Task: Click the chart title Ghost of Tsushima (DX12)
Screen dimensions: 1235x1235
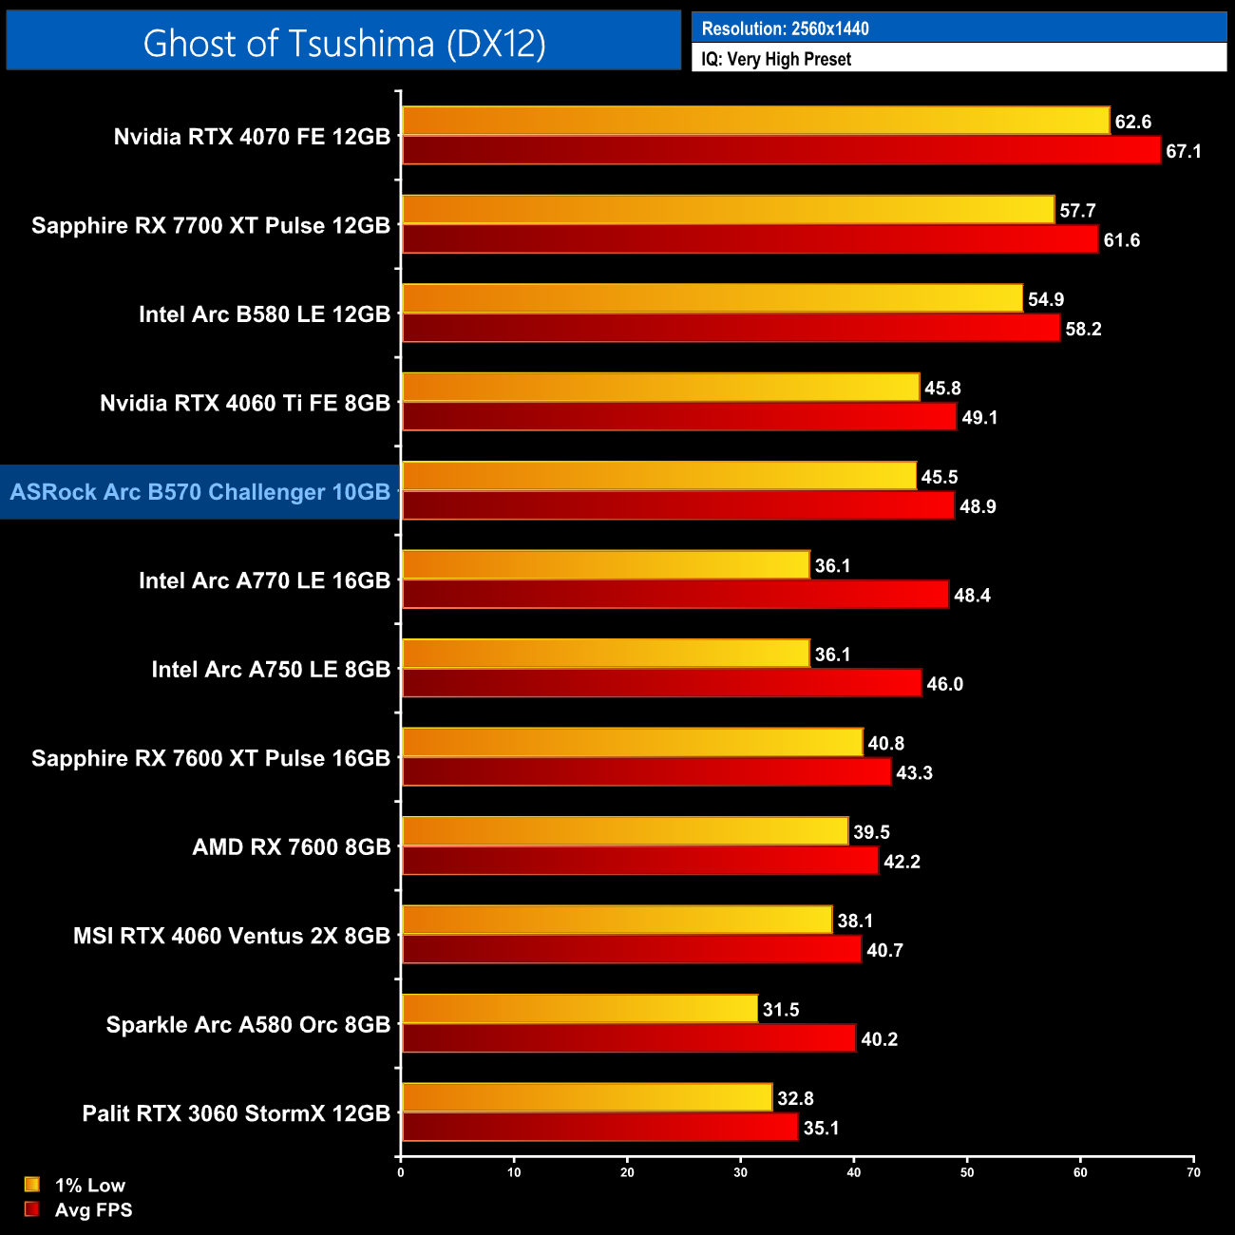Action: pyautogui.click(x=344, y=43)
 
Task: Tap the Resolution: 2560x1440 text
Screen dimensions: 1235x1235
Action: pyautogui.click(x=785, y=28)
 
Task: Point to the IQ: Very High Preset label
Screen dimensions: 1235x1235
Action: pyautogui.click(x=776, y=59)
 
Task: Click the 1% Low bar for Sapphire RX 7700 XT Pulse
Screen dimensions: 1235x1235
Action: pyautogui.click(x=728, y=210)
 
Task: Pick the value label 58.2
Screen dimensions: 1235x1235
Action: pyautogui.click(x=1083, y=329)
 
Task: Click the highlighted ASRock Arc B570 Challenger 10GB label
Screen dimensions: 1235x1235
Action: pyautogui.click(x=200, y=492)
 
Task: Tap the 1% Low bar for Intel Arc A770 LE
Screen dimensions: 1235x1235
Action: pyautogui.click(x=605, y=565)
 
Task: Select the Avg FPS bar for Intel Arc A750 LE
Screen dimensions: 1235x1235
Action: pyautogui.click(x=661, y=683)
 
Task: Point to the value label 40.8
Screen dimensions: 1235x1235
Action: pyautogui.click(x=885, y=743)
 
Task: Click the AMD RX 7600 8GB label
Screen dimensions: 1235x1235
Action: pyautogui.click(x=292, y=846)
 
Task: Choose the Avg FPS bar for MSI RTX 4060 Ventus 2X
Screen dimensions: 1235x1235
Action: pyautogui.click(x=631, y=949)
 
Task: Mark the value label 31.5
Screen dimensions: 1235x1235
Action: pyautogui.click(x=781, y=1009)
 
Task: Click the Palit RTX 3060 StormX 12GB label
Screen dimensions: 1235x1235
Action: pyautogui.click(x=237, y=1112)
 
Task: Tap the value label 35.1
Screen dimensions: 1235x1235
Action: pyautogui.click(x=821, y=1128)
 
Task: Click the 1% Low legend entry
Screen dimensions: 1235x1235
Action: pyautogui.click(x=76, y=1185)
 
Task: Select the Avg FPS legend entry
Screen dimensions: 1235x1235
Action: pyautogui.click(x=80, y=1209)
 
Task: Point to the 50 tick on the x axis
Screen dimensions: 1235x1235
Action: pyautogui.click(x=967, y=1172)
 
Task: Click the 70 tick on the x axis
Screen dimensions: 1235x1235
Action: pyautogui.click(x=1193, y=1172)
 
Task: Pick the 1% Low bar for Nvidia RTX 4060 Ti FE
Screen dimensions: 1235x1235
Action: pyautogui.click(x=660, y=388)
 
